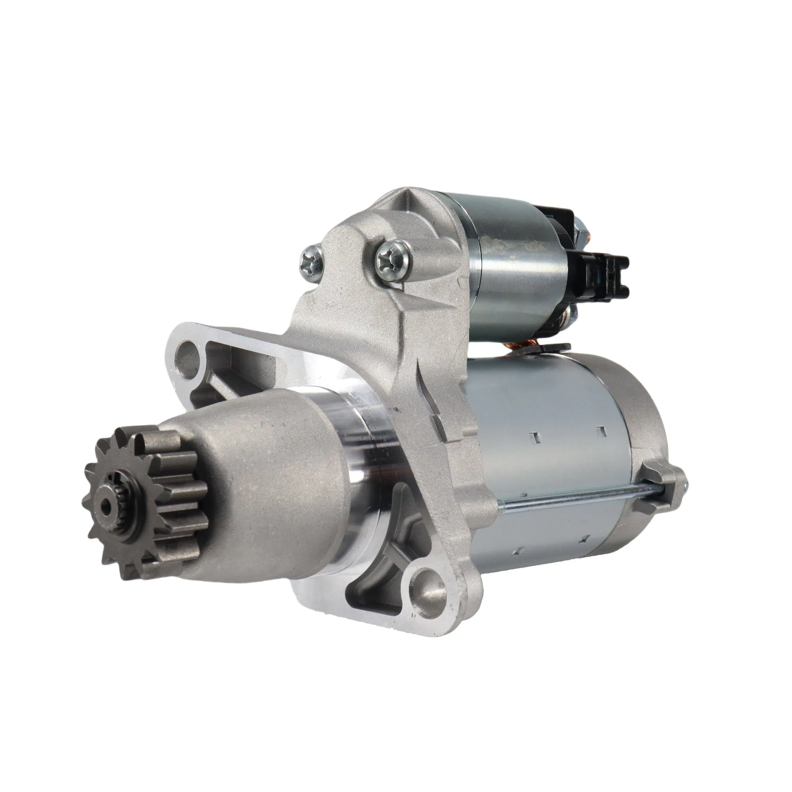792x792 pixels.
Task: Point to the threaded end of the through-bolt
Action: (684, 486)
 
